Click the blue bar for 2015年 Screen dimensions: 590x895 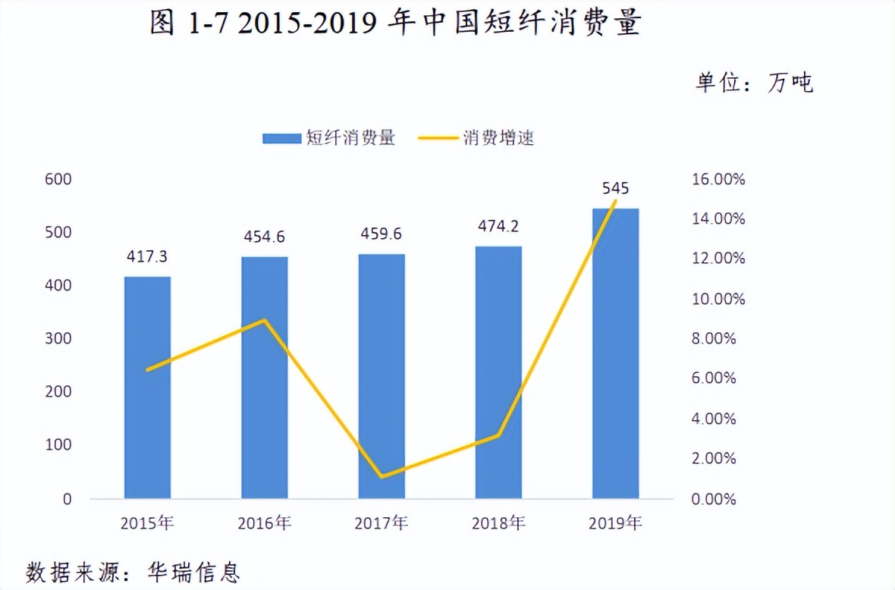pos(147,388)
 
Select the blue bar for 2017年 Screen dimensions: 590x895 pos(382,376)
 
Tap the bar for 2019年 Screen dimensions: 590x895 pos(615,353)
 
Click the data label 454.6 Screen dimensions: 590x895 pos(264,237)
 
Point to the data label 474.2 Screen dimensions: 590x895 pos(498,226)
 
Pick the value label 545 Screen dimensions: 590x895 pos(615,188)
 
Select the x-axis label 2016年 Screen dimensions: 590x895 pos(264,523)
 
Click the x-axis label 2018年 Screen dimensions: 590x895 pos(498,523)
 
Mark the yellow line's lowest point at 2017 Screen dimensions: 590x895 pos(382,476)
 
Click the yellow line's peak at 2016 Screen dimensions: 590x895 pos(264,320)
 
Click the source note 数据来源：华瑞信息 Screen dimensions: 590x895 pos(133,570)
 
